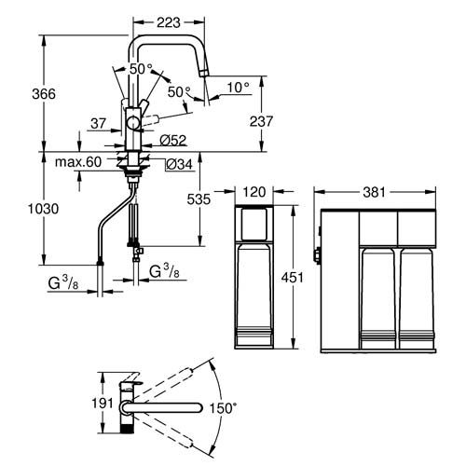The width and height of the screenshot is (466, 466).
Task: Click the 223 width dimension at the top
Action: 169,22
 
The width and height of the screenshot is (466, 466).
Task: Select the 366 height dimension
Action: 44,93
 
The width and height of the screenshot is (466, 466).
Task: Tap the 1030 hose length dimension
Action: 44,209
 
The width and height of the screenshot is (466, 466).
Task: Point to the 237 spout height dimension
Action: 261,121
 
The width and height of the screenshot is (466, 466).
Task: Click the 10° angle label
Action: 238,88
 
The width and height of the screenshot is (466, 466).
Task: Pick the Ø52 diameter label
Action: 173,141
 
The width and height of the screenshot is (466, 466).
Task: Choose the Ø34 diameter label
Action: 179,164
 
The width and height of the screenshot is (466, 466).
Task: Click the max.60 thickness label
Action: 78,162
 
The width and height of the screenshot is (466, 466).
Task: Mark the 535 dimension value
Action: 199,199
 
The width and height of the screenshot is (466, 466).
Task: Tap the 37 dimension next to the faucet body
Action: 99,123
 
